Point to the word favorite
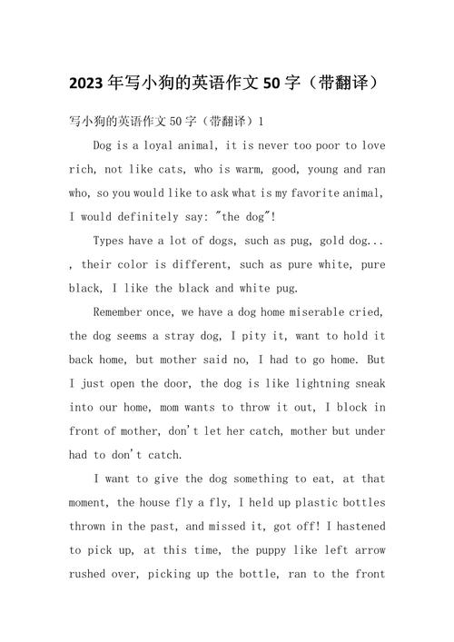308,193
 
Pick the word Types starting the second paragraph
112,240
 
